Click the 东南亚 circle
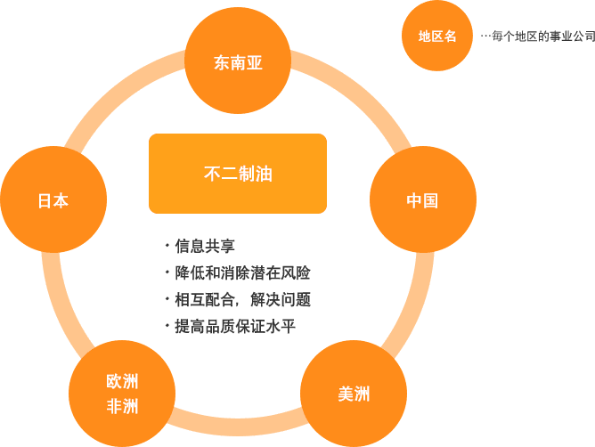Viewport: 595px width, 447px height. pos(238,62)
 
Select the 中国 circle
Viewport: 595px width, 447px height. pos(422,200)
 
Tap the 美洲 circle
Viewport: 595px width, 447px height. pos(353,393)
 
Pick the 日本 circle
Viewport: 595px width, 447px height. pos(53,200)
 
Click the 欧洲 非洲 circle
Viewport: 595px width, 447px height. pos(122,394)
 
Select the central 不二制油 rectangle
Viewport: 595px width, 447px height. pos(238,174)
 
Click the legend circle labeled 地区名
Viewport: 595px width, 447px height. pos(436,37)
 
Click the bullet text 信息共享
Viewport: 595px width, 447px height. pos(205,245)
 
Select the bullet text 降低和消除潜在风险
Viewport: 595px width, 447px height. pos(242,272)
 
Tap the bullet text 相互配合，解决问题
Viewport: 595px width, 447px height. pos(242,299)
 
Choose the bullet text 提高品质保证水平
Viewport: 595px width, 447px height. pos(235,326)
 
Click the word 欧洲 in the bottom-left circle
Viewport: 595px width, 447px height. pos(122,383)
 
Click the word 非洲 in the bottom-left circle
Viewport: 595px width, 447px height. pos(122,407)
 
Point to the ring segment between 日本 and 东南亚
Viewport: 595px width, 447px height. pos(116,97)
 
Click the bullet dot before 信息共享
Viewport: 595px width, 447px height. pos(167,243)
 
